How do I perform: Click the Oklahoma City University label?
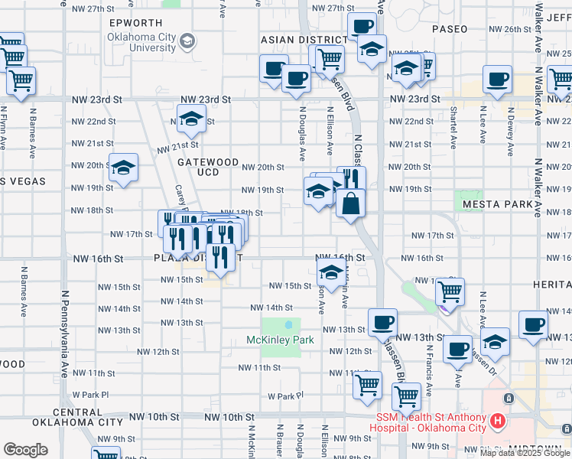pyautogui.click(x=141, y=42)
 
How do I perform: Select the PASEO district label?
pyautogui.click(x=449, y=29)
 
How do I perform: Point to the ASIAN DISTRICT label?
pyautogui.click(x=304, y=40)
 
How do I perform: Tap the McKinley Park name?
pyautogui.click(x=281, y=340)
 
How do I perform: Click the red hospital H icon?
pyautogui.click(x=498, y=420)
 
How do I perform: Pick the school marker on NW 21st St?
pyautogui.click(x=190, y=119)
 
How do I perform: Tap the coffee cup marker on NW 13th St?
pyautogui.click(x=382, y=322)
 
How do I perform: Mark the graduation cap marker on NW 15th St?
pyautogui.click(x=330, y=271)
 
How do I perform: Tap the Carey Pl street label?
pyautogui.click(x=180, y=200)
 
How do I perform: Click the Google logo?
pyautogui.click(x=25, y=450)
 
